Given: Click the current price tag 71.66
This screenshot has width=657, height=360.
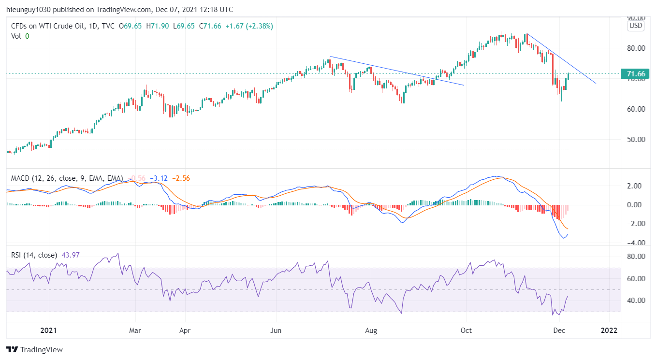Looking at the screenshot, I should click(636, 74).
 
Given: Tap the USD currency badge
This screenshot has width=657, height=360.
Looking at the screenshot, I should click(636, 26).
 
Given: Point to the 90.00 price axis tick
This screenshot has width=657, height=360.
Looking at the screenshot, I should click(636, 18).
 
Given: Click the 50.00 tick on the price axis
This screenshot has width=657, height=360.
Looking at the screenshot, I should click(636, 140).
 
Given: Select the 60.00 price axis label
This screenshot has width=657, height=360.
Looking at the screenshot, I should click(636, 109).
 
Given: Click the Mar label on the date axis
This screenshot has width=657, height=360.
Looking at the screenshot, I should click(135, 331).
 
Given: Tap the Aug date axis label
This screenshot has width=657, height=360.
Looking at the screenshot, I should click(371, 331).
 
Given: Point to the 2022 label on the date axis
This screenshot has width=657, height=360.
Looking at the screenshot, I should click(609, 331).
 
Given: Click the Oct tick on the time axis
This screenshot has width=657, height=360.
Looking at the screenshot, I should click(466, 331).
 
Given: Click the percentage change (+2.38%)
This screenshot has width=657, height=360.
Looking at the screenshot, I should click(259, 26).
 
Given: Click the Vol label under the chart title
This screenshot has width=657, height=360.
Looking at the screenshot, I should click(16, 36).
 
